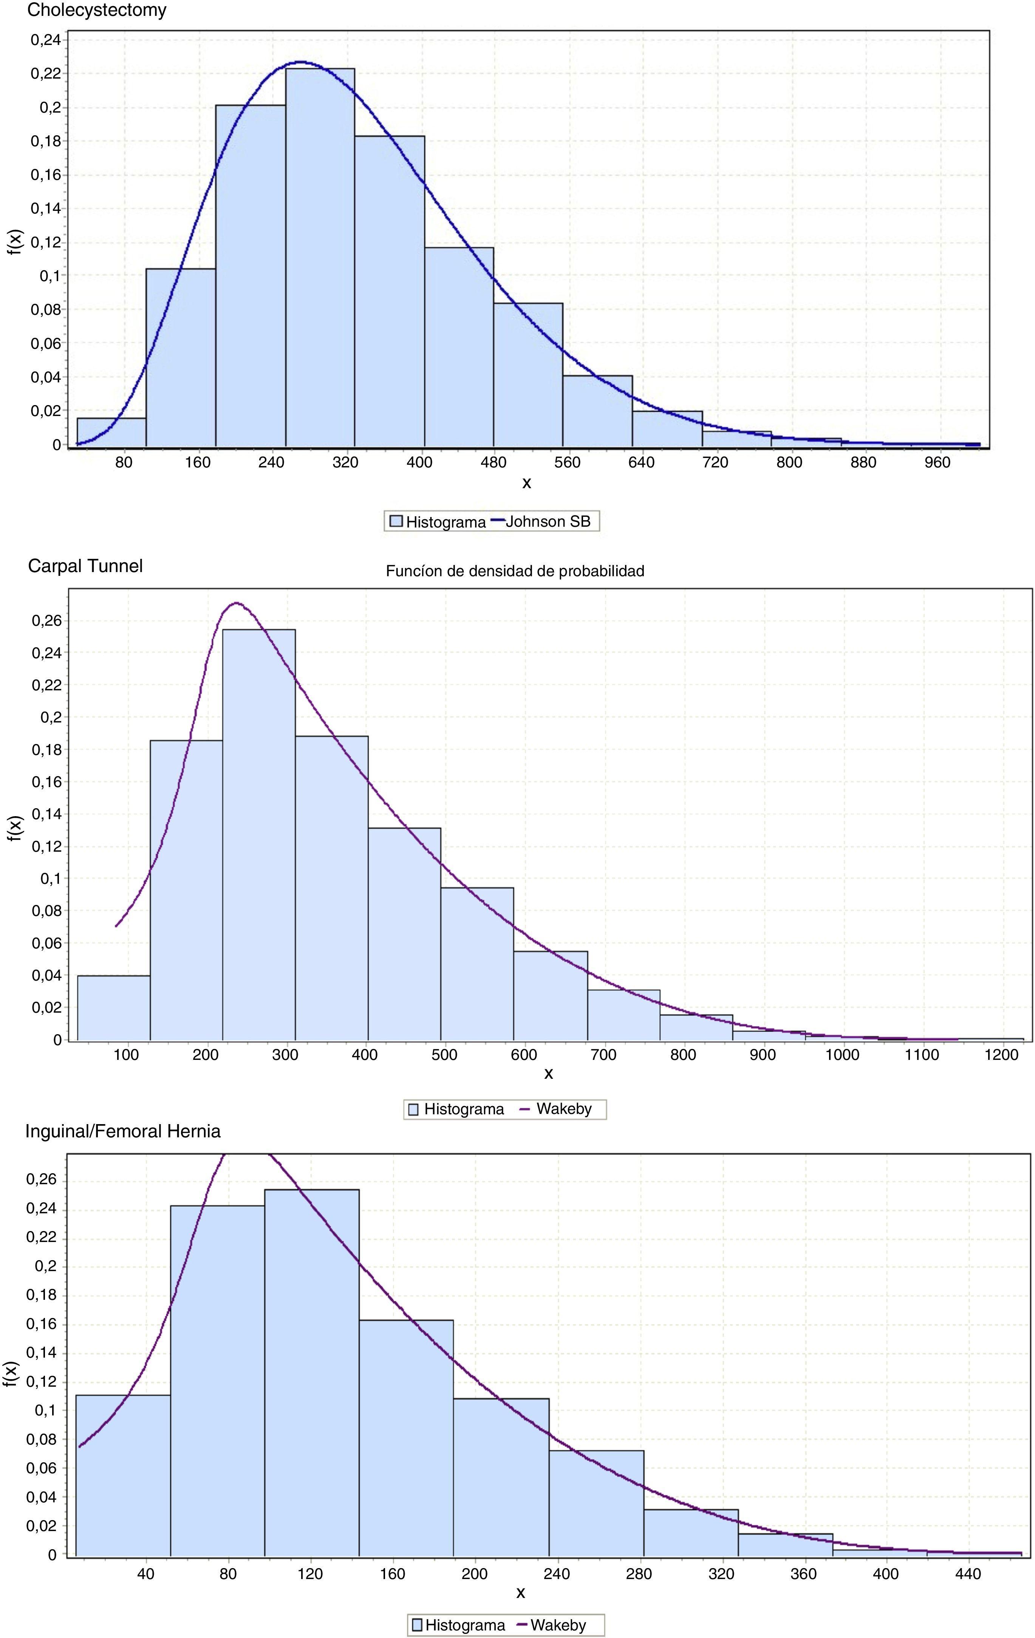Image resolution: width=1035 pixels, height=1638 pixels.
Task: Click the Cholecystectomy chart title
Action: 97,10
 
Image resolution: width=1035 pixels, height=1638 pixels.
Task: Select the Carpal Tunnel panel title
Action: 85,566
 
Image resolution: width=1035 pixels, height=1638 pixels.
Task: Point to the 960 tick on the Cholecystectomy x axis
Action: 937,462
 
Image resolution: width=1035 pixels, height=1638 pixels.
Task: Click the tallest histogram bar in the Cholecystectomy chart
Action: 320,258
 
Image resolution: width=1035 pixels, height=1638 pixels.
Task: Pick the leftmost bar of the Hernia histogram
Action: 122,1476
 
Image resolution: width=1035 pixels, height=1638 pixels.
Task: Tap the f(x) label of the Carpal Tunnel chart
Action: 15,828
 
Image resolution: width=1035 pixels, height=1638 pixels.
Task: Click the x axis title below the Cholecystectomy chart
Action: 527,483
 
